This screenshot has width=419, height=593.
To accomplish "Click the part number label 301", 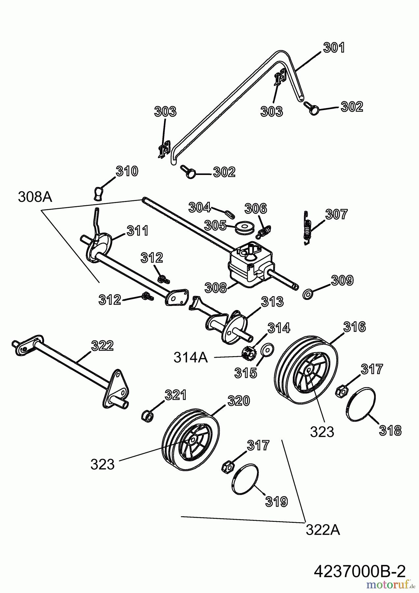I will point(334,48).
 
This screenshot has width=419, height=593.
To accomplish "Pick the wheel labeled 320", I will point(191,440).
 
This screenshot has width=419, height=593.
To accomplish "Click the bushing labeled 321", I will point(148,416).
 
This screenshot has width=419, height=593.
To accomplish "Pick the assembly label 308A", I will point(35,197).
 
